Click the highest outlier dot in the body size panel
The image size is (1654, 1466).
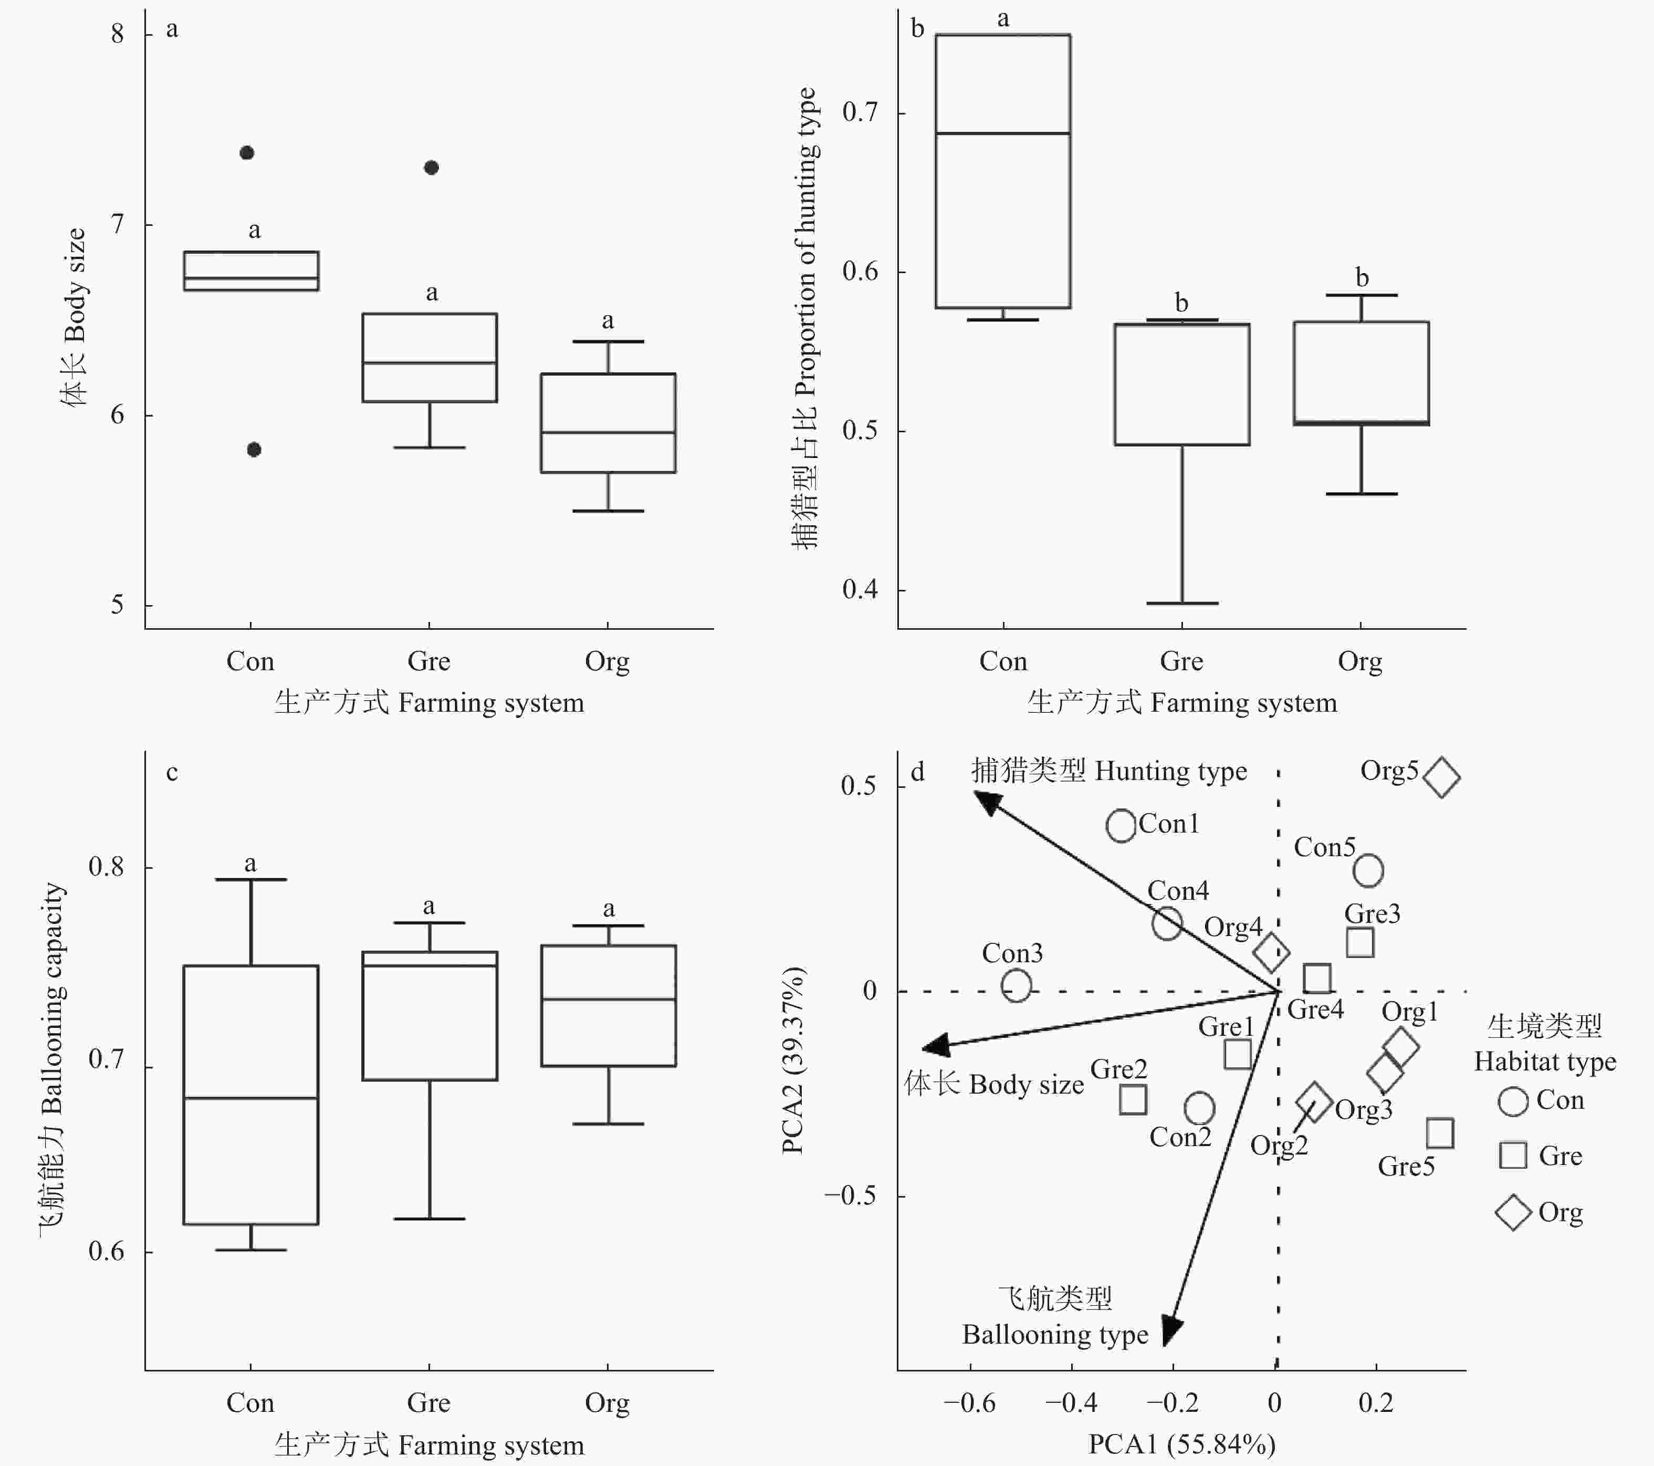(x=248, y=153)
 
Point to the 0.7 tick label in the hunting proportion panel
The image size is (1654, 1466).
(x=860, y=112)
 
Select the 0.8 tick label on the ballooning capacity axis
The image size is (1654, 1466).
(x=107, y=867)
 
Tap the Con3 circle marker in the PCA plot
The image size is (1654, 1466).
(x=1017, y=986)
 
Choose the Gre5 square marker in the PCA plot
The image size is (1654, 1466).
(x=1440, y=1134)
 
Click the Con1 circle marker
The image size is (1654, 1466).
(x=1122, y=826)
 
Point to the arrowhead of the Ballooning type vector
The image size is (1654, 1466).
(x=1172, y=1330)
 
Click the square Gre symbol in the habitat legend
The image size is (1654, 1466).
(x=1513, y=1155)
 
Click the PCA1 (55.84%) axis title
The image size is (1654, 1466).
(x=1181, y=1443)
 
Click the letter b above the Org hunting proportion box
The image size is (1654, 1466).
(x=1362, y=278)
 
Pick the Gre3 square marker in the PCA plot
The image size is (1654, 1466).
(x=1360, y=942)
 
